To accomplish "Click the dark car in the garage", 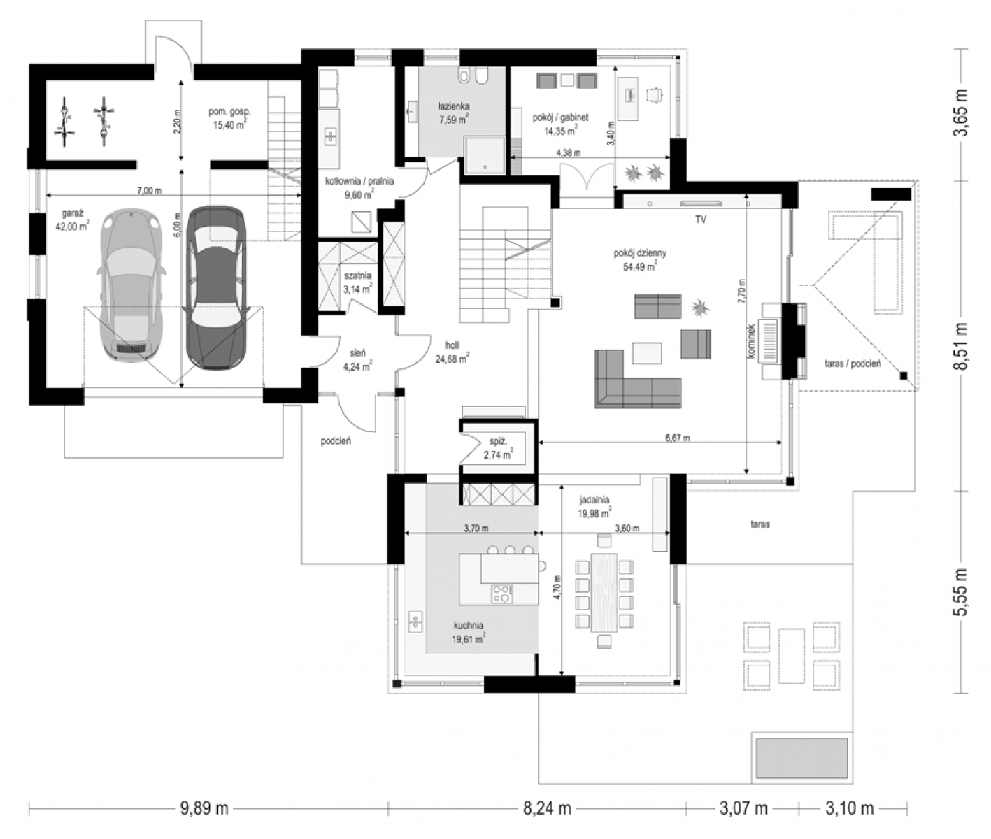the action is tap(216, 287).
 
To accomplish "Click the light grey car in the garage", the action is tap(131, 285).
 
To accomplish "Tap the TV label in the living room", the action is tap(701, 220).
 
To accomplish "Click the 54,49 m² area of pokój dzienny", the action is tap(640, 266).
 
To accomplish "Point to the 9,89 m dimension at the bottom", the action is tap(204, 809).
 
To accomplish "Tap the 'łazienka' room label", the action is tap(453, 106).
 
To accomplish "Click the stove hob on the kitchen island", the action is tap(501, 594).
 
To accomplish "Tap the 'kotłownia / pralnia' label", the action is tap(359, 181).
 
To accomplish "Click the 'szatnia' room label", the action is tap(357, 275).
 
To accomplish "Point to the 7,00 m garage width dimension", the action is tap(150, 191).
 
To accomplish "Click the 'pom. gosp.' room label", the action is tap(229, 112).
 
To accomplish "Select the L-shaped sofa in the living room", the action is tap(638, 379).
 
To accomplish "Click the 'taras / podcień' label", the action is tap(853, 364).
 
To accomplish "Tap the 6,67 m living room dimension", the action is tap(678, 438).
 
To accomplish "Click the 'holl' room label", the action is tap(452, 345).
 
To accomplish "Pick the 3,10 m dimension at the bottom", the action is tap(849, 809).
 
